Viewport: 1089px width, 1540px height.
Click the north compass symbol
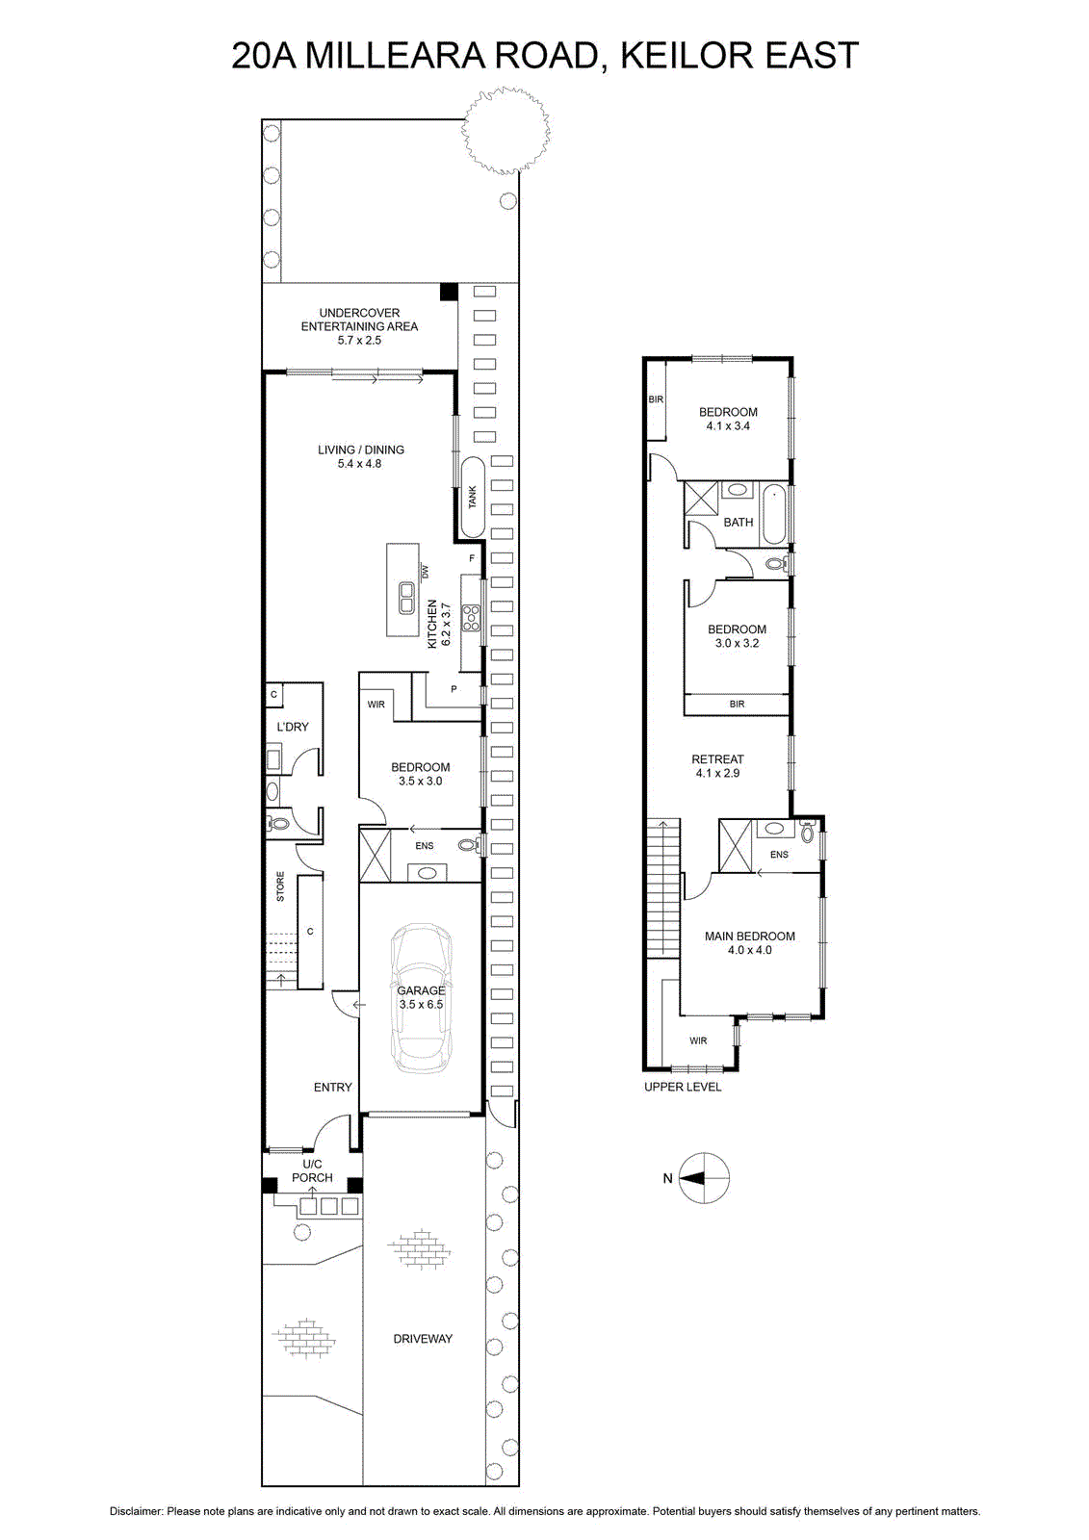pyautogui.click(x=703, y=1178)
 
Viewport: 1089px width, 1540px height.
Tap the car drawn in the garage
pyautogui.click(x=421, y=996)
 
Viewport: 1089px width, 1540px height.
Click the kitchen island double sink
pyautogui.click(x=405, y=597)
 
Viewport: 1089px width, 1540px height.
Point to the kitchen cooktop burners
pyautogui.click(x=472, y=617)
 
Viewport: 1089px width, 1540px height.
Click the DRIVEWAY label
pyautogui.click(x=423, y=1339)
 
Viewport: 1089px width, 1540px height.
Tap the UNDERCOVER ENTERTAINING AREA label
pyautogui.click(x=359, y=326)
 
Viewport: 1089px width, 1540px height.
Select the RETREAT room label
pyautogui.click(x=717, y=759)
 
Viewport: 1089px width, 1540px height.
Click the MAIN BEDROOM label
pyautogui.click(x=749, y=936)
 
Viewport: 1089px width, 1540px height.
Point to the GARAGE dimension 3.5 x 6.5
pyautogui.click(x=421, y=1004)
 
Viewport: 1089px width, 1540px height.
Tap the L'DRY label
pyautogui.click(x=293, y=727)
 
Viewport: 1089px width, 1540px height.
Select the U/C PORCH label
pyautogui.click(x=312, y=1170)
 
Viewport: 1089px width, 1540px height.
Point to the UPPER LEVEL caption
pyautogui.click(x=683, y=1087)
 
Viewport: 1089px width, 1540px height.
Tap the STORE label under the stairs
pyautogui.click(x=280, y=886)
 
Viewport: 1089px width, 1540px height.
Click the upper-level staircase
pyautogui.click(x=663, y=887)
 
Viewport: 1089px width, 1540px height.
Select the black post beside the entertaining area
pyautogui.click(x=449, y=292)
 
